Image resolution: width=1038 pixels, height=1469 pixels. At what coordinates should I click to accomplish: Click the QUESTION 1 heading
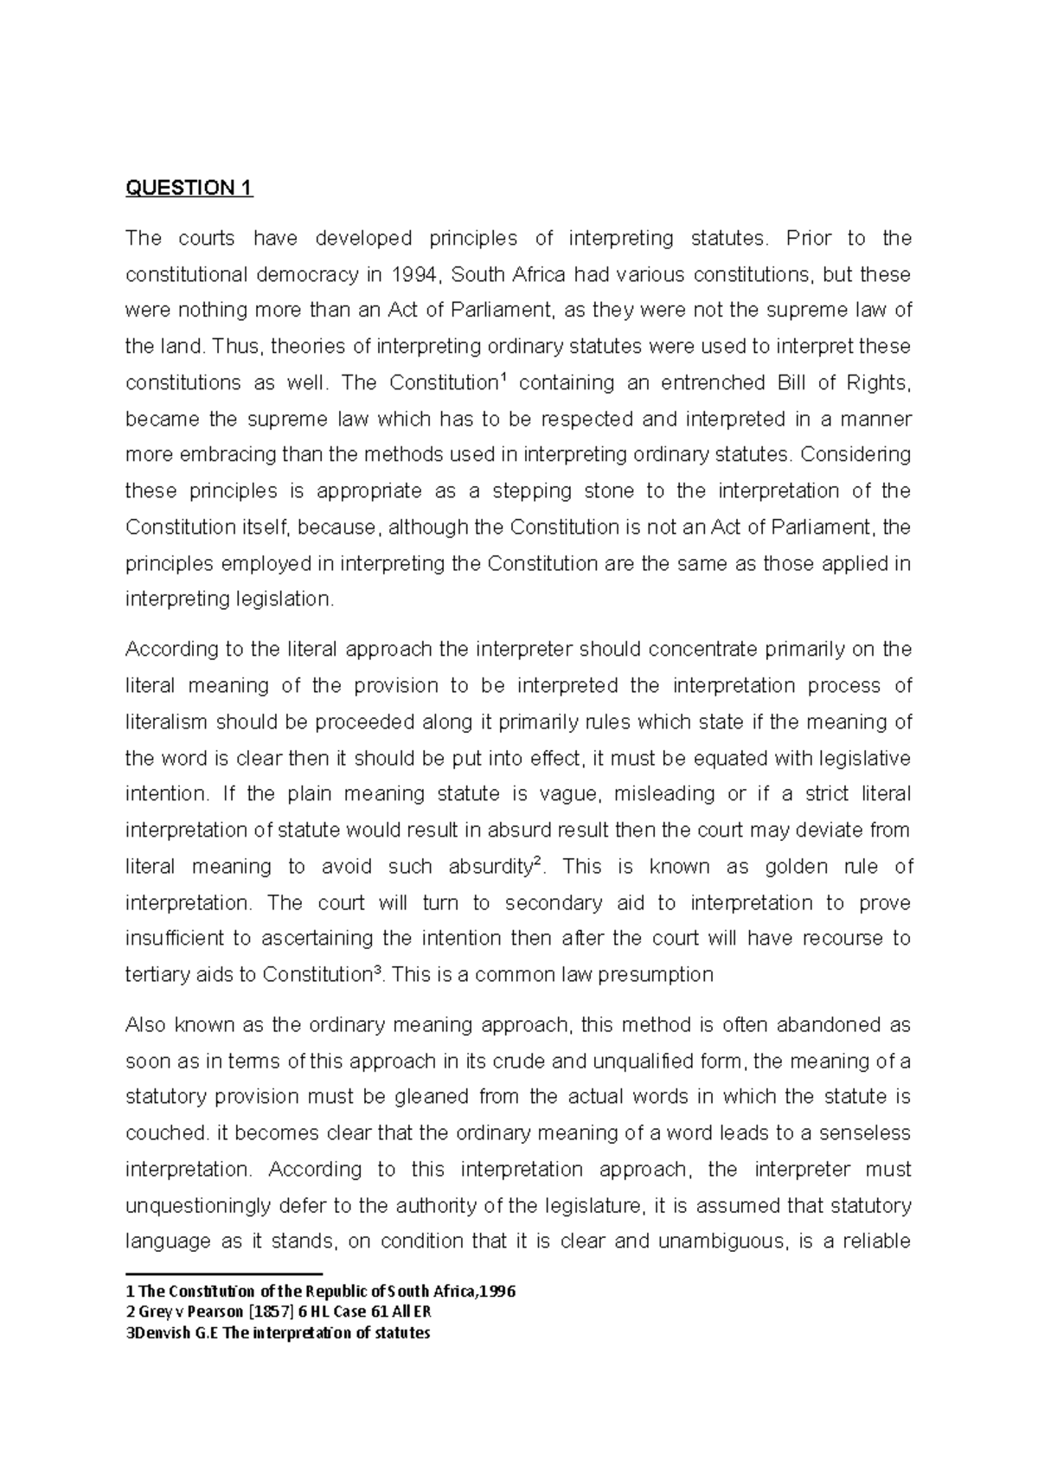189,189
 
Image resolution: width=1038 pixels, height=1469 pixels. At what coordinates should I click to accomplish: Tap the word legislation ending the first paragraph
285,600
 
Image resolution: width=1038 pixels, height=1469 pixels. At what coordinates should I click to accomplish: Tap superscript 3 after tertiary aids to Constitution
376,971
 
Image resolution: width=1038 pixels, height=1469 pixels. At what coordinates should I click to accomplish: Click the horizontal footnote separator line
223,1273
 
